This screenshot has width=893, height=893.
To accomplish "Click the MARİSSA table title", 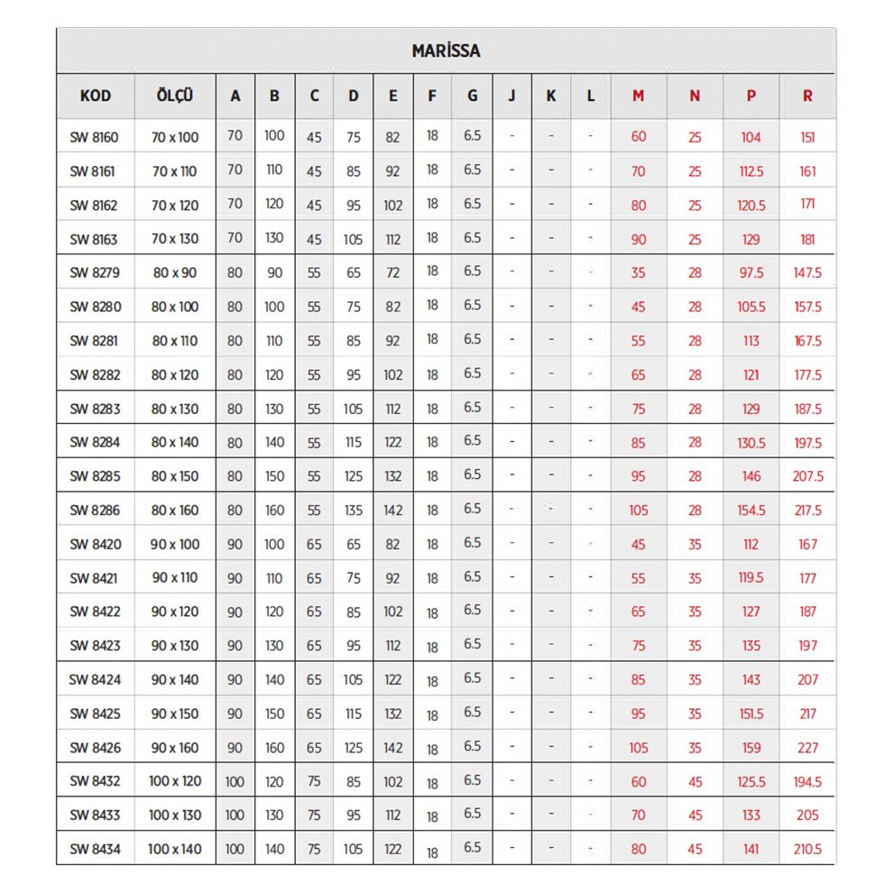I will coord(446,51).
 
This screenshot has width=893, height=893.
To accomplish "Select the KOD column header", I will coord(96,96).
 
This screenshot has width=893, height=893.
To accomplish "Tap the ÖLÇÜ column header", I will coord(175,96).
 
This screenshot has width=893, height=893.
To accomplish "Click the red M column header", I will coord(638,96).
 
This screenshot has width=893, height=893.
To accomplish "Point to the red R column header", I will coord(807,96).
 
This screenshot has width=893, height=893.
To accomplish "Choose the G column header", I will coord(472,96).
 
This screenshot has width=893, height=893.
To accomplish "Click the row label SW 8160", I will coord(94,137).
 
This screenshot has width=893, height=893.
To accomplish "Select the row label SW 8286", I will coord(94,511).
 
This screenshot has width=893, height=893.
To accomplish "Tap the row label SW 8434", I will coord(94,849).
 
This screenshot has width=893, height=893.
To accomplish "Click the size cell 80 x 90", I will coord(175,272).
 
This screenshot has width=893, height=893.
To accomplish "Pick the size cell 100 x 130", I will coord(175,815).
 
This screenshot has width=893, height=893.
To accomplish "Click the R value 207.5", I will coord(807,476).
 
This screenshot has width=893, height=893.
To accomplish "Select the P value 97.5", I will coord(750,272).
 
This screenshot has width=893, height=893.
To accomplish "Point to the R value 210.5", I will coord(807,849).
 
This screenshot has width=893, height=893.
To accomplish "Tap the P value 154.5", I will coord(750,511).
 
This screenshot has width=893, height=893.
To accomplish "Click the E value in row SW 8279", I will coord(392,272).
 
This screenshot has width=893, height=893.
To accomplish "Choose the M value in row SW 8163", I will coord(638,239).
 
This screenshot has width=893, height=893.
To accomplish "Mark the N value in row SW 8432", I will coord(695,782).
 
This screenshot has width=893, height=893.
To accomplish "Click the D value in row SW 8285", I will coord(353,476).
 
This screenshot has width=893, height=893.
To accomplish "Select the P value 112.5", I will coord(750,171).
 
